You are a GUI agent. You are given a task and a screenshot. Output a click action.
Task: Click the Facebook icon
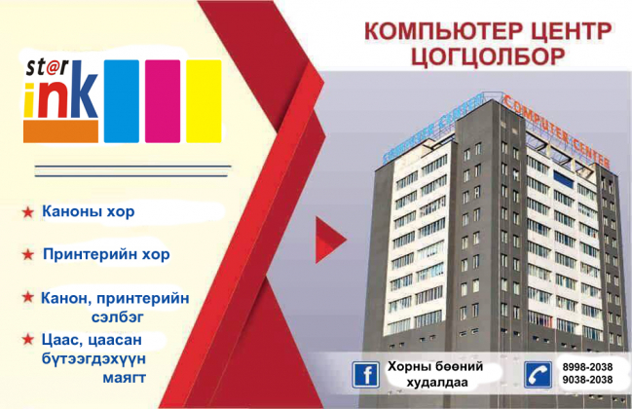(365, 375)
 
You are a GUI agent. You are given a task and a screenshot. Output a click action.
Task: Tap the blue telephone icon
(539, 375)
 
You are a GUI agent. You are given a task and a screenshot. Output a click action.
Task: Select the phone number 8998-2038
(587, 367)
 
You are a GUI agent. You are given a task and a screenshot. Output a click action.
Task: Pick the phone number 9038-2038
(587, 380)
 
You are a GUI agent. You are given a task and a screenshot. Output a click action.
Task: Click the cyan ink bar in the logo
(122, 101)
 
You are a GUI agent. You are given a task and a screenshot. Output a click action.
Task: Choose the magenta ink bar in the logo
(163, 101)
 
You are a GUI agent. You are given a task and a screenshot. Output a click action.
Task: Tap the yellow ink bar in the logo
(204, 101)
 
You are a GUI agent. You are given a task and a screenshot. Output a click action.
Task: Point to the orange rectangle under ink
(60, 131)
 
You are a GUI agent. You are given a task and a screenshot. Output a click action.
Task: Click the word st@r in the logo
(47, 68)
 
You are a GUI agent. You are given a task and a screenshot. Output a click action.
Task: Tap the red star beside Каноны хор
(28, 212)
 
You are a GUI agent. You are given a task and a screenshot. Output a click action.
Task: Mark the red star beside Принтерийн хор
(28, 254)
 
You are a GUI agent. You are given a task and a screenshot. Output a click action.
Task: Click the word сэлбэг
(117, 317)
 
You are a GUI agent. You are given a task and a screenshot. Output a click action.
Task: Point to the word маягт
(124, 378)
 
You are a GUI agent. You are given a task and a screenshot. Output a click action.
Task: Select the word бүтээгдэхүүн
(93, 358)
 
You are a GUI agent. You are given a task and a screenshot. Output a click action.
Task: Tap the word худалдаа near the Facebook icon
(437, 383)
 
